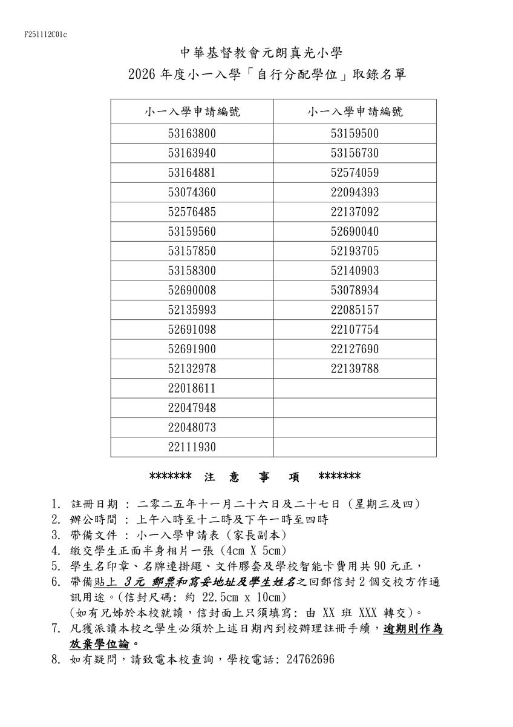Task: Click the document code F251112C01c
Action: [45, 35]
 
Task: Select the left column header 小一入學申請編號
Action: [192, 111]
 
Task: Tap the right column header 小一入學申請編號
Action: [355, 111]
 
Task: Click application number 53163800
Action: [192, 133]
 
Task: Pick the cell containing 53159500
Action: [355, 133]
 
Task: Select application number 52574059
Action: [355, 173]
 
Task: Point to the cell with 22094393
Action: [355, 193]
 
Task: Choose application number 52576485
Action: [192, 212]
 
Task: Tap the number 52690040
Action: [355, 232]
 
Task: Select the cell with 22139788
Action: [355, 369]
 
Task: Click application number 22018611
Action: [192, 388]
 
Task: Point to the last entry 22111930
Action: [192, 447]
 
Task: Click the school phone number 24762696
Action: [308, 659]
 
